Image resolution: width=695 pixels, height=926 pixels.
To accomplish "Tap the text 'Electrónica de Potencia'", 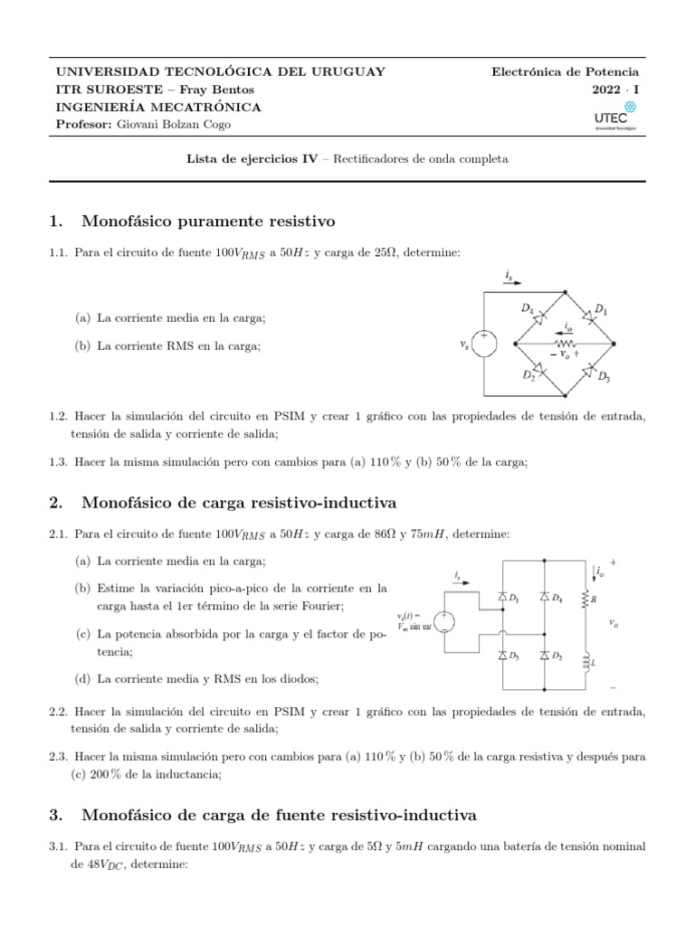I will (565, 71).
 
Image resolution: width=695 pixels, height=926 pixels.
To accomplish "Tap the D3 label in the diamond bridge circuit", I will (603, 377).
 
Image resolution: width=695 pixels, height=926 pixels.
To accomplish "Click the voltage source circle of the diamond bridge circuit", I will (485, 345).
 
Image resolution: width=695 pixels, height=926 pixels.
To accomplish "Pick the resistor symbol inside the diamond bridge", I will (566, 345).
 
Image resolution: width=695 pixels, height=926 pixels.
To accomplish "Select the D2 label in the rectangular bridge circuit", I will (558, 655).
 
